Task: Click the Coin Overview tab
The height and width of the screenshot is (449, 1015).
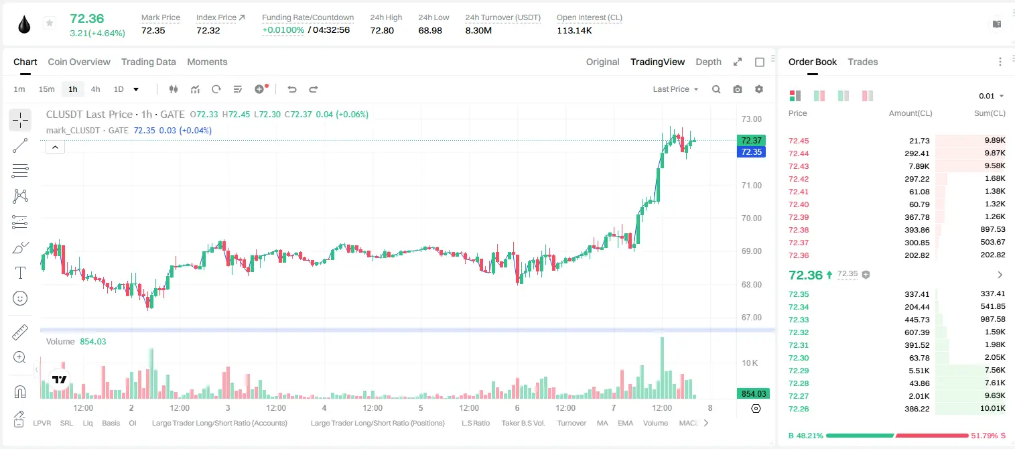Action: coord(79,62)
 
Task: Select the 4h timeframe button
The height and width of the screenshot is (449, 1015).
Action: coord(95,89)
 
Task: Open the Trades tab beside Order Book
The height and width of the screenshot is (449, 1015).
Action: coord(863,62)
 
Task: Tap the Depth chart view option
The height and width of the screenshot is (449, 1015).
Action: coord(708,62)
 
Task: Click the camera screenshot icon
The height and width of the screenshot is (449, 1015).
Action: coord(738,89)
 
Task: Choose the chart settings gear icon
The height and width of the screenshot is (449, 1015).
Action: coord(759,89)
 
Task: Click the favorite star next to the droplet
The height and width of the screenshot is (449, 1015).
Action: coord(50,23)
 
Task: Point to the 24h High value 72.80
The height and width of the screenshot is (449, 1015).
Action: coord(382,30)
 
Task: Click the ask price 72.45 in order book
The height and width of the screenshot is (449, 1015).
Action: coord(799,141)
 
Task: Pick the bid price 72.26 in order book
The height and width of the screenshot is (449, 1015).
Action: coord(799,409)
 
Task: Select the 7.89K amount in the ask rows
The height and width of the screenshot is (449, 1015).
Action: coord(919,166)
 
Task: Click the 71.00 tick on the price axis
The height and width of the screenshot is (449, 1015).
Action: coord(751,186)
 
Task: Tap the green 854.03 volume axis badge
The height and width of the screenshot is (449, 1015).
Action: coord(753,394)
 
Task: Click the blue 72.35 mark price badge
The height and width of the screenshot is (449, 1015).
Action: coord(751,151)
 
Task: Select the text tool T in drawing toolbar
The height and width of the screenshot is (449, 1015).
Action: coord(20,273)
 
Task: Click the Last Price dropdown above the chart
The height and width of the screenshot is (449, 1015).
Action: coord(675,89)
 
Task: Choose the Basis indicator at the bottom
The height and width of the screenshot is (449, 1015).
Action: coord(111,423)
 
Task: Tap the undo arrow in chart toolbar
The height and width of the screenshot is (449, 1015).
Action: coord(292,89)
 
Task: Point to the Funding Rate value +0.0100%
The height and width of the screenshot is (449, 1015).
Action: coord(283,30)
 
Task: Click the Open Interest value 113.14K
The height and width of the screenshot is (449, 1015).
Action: coord(574,30)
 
